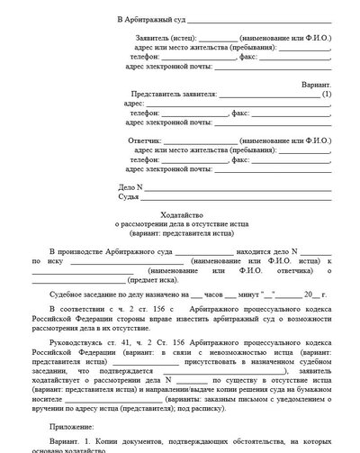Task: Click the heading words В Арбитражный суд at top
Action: coord(148,19)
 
